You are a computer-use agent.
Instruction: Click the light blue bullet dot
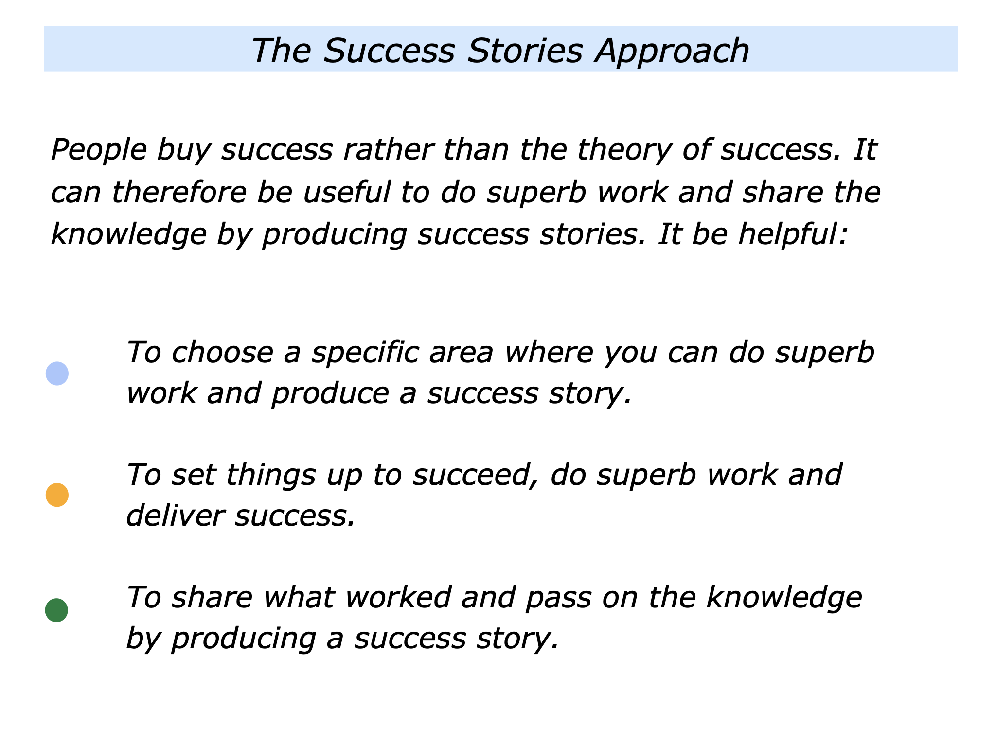point(57,373)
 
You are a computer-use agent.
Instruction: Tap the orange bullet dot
point(57,495)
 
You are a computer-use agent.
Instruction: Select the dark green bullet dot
point(56,610)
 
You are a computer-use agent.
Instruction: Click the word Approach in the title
point(673,51)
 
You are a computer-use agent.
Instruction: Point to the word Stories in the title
point(525,50)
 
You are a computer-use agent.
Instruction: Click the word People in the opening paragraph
point(99,149)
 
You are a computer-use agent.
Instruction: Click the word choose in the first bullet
point(222,352)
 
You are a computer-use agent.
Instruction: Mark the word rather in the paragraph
point(388,149)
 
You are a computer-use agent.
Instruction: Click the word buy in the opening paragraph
point(184,150)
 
